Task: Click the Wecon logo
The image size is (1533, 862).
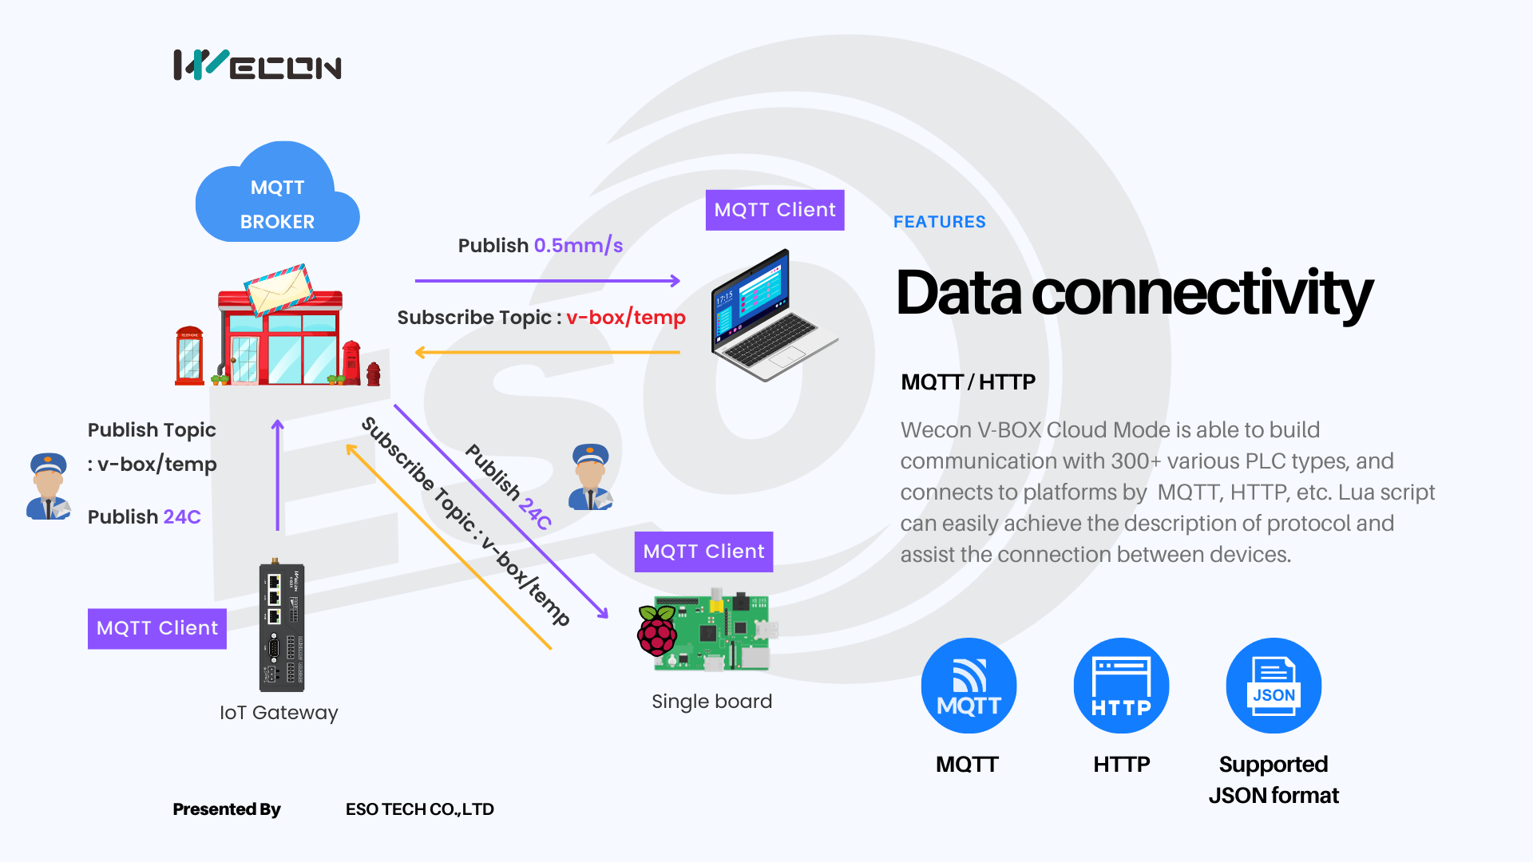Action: (x=257, y=65)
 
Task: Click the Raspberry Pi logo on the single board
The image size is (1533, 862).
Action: (x=657, y=630)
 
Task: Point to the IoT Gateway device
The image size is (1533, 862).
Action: (x=281, y=627)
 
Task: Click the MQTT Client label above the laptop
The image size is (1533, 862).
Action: (x=774, y=210)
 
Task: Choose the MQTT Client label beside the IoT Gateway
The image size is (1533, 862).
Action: (x=156, y=628)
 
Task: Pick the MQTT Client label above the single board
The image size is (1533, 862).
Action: (x=703, y=552)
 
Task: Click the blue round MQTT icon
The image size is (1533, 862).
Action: (x=969, y=686)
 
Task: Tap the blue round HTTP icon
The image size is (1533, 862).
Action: (x=1121, y=686)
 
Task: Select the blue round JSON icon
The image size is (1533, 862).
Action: (x=1274, y=686)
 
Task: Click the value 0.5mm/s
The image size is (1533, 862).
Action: (x=578, y=245)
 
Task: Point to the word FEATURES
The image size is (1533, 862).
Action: (x=939, y=222)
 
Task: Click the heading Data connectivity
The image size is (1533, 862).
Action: (x=1134, y=293)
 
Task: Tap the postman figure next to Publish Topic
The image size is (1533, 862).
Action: (x=49, y=486)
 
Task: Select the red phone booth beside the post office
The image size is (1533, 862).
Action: (x=189, y=355)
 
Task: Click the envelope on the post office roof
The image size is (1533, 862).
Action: (x=279, y=288)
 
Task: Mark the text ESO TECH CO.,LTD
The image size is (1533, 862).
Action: (x=419, y=809)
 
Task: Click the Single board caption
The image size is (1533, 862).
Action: (x=711, y=702)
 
